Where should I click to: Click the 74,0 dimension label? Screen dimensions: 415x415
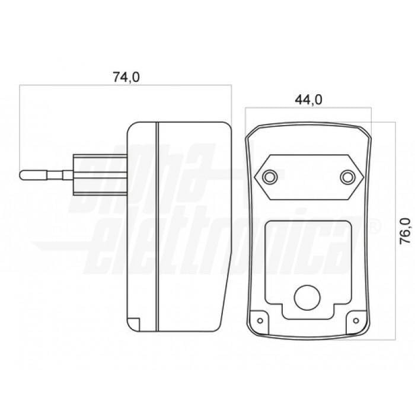[126, 77]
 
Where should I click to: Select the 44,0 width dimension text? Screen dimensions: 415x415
[308, 100]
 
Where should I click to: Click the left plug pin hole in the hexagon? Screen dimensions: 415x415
[269, 177]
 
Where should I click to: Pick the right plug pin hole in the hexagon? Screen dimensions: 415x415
[348, 177]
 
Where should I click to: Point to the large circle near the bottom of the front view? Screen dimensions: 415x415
[307, 298]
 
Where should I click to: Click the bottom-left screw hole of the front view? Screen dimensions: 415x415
[260, 321]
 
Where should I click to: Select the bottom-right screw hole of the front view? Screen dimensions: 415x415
[356, 321]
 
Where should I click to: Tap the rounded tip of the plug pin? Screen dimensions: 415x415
[21, 175]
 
